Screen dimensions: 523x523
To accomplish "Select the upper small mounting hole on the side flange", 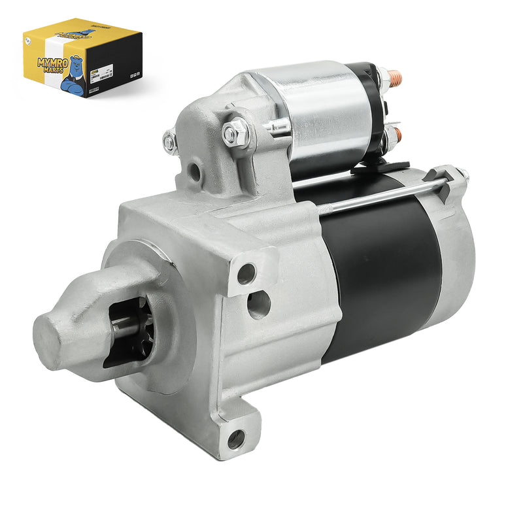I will (x=246, y=274).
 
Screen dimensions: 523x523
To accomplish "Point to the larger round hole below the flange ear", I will (x=259, y=304).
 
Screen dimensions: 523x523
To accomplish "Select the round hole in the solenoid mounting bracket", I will (x=194, y=172).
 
